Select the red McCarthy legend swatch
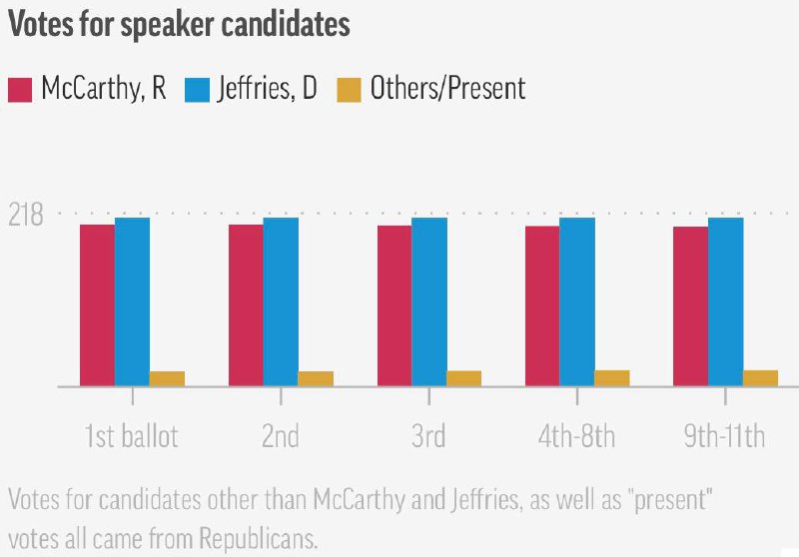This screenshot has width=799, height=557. (x=21, y=89)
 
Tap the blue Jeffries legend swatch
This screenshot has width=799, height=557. (x=196, y=89)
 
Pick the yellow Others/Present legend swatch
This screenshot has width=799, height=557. (x=350, y=89)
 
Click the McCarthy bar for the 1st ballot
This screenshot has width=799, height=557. (x=97, y=304)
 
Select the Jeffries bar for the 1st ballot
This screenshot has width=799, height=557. (x=132, y=301)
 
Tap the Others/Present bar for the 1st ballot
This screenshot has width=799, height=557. (x=167, y=378)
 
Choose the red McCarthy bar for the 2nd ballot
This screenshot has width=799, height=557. (x=246, y=304)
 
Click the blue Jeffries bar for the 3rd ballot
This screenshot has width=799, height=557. (x=428, y=301)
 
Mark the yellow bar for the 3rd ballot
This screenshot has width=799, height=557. (x=463, y=378)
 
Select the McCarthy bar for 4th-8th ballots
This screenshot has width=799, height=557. (x=542, y=305)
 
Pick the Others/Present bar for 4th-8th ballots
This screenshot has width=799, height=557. (x=612, y=377)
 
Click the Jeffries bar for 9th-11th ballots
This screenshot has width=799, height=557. (x=725, y=301)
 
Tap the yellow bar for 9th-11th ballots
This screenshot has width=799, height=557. (x=760, y=377)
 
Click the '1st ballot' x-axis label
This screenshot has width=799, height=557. (x=131, y=436)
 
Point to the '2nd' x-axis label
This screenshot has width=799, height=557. (x=281, y=436)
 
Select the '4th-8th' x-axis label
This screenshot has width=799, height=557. (x=576, y=436)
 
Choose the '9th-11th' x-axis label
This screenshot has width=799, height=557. (x=724, y=436)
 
